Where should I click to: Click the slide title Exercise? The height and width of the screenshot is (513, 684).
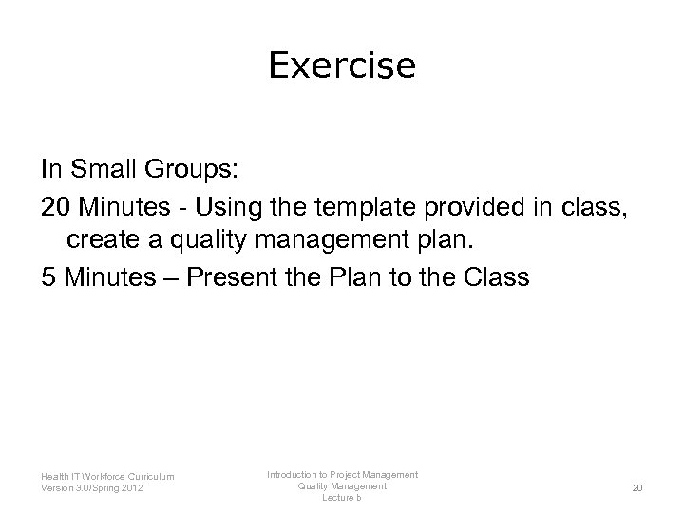pos(342,66)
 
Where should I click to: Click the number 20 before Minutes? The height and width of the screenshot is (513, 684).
pos(56,206)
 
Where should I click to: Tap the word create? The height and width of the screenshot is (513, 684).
pos(97,241)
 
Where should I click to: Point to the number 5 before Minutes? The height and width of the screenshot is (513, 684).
pos(48,278)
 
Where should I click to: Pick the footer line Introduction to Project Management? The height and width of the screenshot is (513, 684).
pos(342,474)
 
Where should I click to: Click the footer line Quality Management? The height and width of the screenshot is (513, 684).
pos(342,485)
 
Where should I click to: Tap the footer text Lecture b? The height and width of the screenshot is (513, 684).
pos(342,497)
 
